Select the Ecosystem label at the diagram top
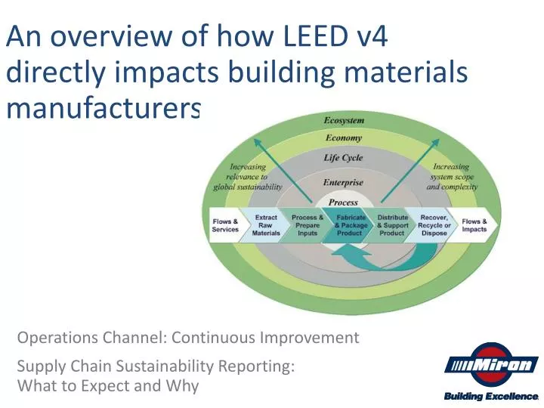344,120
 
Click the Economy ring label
344,138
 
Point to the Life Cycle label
344,158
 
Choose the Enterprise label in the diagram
344,183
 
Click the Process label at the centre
344,202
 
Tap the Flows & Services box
225,225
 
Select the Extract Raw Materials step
266,225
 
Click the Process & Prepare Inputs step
308,225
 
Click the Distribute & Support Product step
392,225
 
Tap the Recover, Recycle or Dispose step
435,225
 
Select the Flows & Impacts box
474,225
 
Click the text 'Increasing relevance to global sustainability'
249,176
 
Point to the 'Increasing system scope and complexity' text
451,176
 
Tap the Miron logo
490,366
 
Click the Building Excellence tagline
490,397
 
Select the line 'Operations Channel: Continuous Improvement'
188,337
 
